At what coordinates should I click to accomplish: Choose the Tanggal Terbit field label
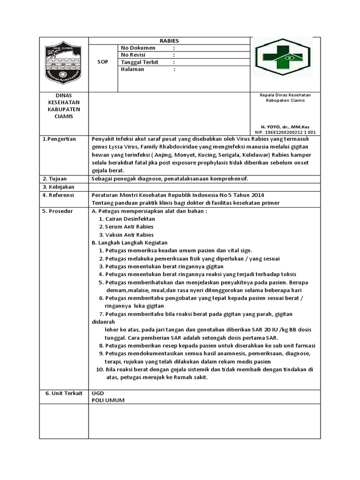point(139,62)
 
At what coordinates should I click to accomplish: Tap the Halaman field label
point(133,69)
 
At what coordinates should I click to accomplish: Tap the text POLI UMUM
point(108,400)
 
